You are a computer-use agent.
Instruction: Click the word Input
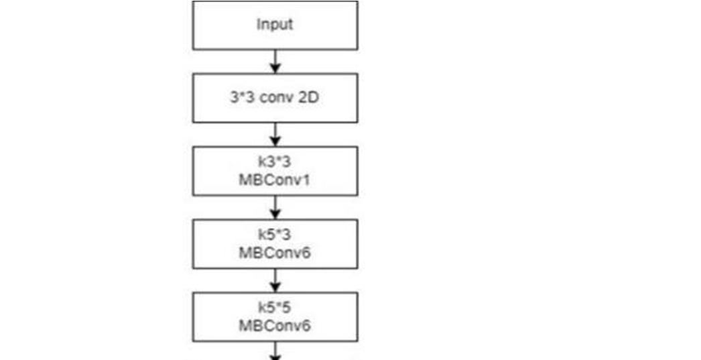(275, 25)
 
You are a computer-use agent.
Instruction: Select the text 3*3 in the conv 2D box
(241, 98)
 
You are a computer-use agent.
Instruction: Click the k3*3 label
(275, 162)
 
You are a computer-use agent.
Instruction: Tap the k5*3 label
(275, 235)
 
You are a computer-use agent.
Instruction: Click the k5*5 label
(275, 308)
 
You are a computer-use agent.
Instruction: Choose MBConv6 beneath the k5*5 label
(275, 325)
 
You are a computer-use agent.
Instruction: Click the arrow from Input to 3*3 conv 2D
(275, 62)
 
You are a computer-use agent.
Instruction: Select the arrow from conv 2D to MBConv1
(275, 135)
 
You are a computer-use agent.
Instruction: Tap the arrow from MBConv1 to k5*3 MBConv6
(275, 208)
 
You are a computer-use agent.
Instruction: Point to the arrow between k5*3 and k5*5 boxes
(275, 281)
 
